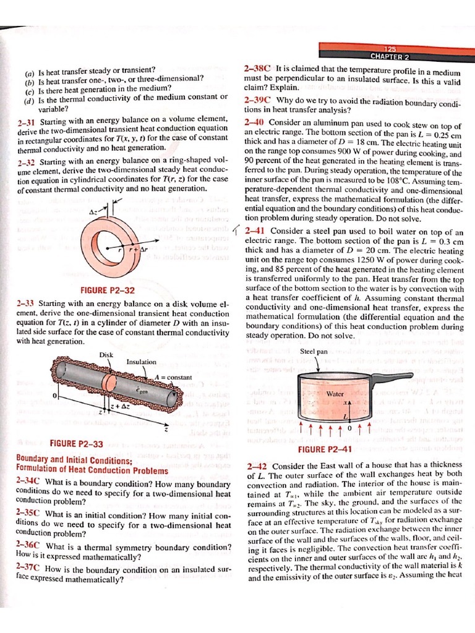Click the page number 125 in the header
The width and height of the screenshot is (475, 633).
click(389, 49)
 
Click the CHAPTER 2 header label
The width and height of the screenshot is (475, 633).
click(390, 57)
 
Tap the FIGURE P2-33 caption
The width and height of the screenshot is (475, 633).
click(75, 443)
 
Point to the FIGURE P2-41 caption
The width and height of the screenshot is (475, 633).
click(325, 449)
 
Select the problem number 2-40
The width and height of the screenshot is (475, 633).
click(254, 122)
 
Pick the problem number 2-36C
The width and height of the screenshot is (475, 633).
click(28, 546)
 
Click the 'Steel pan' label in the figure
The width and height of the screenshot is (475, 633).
click(314, 351)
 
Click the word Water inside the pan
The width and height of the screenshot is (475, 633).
click(335, 393)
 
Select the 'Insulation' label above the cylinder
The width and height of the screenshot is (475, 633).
click(141, 362)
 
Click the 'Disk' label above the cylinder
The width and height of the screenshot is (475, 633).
click(106, 354)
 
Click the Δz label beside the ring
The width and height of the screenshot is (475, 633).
click(94, 211)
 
